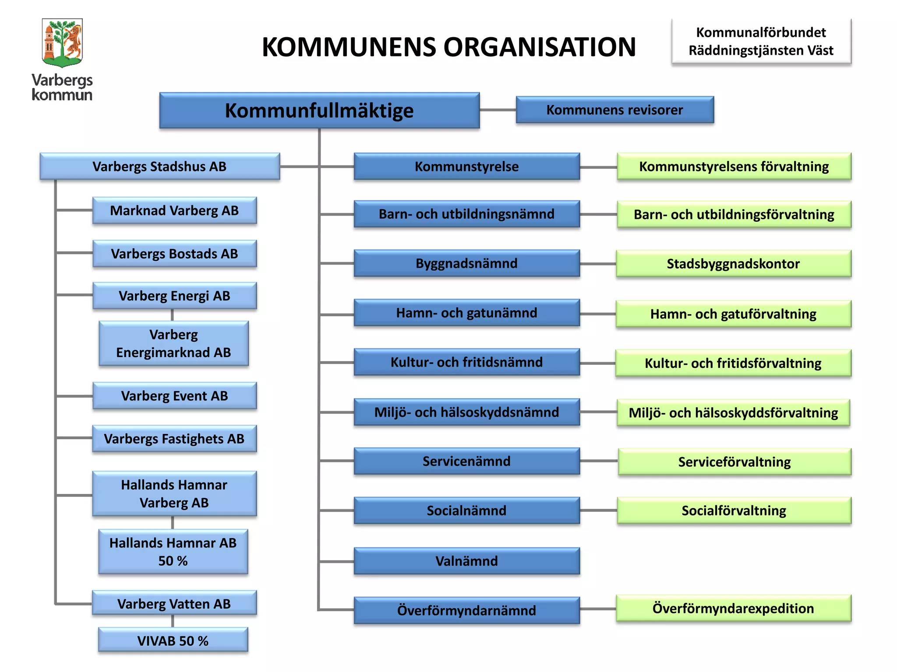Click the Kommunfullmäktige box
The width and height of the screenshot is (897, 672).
[x=319, y=110]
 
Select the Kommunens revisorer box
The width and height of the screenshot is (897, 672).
[x=614, y=110]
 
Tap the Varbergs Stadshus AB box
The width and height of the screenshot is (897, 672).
[x=159, y=166]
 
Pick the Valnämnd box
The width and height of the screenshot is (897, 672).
[x=466, y=561]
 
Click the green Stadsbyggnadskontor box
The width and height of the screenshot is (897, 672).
[x=733, y=264]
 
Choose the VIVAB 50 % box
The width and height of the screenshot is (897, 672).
[x=173, y=640]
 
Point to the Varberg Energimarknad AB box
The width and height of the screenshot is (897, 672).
[x=173, y=343]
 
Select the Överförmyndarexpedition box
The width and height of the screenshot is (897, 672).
[x=733, y=608]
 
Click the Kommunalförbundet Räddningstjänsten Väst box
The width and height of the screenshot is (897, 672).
[x=761, y=42]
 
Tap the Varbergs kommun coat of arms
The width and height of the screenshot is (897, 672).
[x=62, y=42]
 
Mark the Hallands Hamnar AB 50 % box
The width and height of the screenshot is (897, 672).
[x=173, y=552]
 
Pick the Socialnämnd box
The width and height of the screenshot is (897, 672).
[x=466, y=511]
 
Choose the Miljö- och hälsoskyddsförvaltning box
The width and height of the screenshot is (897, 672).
[x=733, y=413]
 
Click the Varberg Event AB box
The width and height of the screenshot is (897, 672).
[x=174, y=396]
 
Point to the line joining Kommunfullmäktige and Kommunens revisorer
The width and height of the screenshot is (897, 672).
[x=498, y=110]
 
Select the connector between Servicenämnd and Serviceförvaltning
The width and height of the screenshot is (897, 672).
[x=599, y=461]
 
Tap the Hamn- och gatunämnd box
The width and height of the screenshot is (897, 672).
[x=466, y=313]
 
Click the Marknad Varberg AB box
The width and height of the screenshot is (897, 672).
[x=174, y=210]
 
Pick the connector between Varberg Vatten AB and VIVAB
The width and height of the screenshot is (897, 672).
[x=173, y=621]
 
